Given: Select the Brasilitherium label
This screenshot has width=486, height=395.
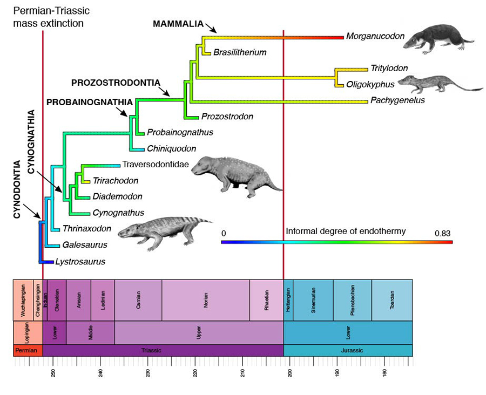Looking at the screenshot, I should pos(240,52).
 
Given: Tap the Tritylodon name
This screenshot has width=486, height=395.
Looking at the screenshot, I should pos(389,68).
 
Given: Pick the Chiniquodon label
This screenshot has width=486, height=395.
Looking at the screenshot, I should pos(171,148).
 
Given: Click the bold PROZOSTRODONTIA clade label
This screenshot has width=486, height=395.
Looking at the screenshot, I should pos(116,83).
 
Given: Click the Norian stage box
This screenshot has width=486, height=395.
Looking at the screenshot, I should pos(205,299).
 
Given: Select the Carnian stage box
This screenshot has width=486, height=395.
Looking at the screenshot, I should pos(138,299).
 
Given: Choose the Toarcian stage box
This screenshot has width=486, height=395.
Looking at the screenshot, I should pos(392,299).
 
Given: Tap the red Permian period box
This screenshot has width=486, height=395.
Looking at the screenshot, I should pos(27,350).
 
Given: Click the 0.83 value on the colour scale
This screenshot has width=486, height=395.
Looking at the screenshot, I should pos(442,233).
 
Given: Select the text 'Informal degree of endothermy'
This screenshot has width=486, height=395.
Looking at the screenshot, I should pos(346,231).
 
